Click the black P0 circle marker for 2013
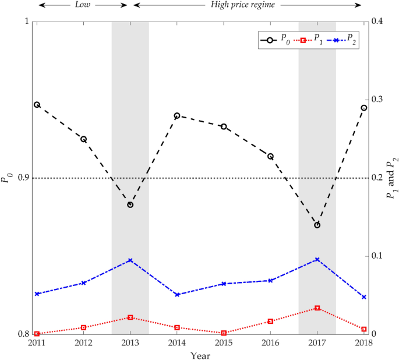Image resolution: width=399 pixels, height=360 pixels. (x=130, y=205)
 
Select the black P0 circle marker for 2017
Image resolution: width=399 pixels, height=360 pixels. (x=317, y=225)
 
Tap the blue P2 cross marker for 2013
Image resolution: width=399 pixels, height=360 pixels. (x=130, y=260)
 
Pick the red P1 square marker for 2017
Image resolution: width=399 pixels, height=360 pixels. (x=317, y=308)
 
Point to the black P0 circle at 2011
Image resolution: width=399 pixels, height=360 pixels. (x=37, y=105)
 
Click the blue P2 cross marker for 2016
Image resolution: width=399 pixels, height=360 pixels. (x=270, y=280)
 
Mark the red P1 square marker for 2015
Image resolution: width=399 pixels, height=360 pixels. (x=224, y=333)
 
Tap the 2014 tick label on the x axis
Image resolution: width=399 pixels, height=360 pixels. (x=177, y=344)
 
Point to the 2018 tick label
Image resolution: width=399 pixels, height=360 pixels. (x=364, y=344)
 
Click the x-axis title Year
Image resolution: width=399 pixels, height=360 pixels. (x=200, y=355)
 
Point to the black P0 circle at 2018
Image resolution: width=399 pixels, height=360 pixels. (x=364, y=108)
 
